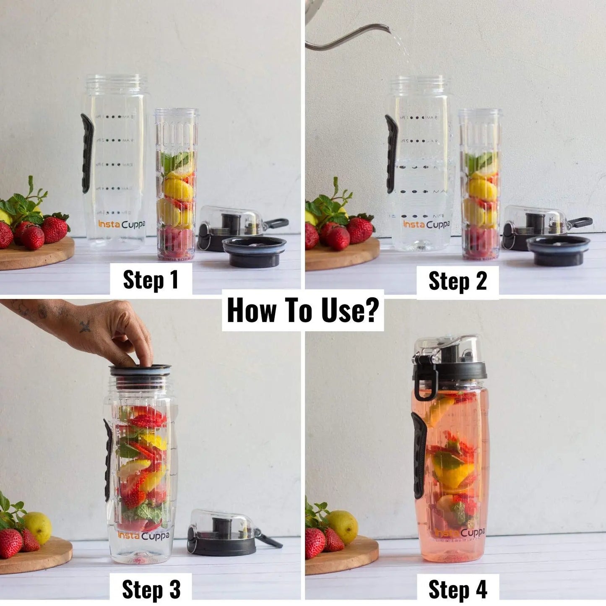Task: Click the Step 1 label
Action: [151, 280]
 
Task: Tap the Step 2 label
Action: [457, 281]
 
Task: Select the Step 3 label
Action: [151, 589]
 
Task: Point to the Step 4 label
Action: [457, 590]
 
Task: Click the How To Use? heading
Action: [302, 310]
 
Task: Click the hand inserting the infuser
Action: [105, 331]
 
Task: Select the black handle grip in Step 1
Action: [87, 153]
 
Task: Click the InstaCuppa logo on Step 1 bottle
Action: [122, 224]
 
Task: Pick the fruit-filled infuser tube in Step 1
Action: [177, 185]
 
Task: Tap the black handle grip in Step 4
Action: [419, 455]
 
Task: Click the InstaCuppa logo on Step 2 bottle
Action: [426, 225]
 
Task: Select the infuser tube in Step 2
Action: [481, 185]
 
